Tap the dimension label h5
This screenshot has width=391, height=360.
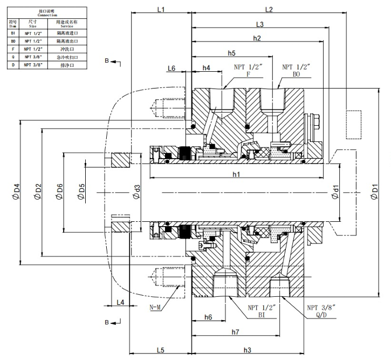[231, 53]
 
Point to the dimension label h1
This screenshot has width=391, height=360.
[236, 174]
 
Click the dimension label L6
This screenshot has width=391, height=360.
[172, 68]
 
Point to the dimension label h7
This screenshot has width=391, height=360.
[235, 331]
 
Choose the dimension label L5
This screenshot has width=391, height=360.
[161, 350]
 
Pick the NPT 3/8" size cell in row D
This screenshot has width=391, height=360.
[33, 64]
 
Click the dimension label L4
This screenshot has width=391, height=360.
[120, 302]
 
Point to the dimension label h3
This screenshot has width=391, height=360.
[248, 350]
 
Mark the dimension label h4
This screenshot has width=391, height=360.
[207, 68]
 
